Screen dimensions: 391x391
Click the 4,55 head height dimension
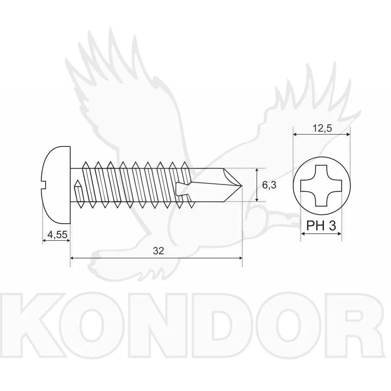[57, 235]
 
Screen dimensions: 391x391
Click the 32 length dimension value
[158, 251]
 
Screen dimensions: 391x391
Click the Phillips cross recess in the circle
[321, 186]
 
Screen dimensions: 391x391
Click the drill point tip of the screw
[240, 186]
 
